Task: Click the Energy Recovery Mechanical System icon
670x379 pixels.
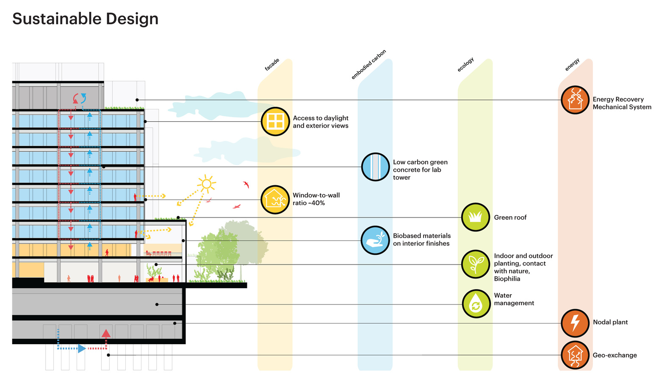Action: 575,100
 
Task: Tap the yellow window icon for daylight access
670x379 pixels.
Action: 275,121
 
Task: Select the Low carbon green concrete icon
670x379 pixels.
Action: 375,167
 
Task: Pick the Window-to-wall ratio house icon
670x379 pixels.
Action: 275,199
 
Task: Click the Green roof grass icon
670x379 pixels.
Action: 475,217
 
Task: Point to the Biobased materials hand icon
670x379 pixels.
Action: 375,240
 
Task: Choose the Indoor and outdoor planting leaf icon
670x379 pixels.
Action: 475,264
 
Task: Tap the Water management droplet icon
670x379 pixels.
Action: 476,304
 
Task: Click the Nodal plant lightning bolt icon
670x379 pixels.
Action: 575,323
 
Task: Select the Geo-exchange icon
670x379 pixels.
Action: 575,355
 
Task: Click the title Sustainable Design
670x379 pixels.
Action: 85,19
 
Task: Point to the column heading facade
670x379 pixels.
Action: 272,64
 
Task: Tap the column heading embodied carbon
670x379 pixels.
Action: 368,64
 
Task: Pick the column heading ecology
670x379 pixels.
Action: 465,64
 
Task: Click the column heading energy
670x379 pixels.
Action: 572,64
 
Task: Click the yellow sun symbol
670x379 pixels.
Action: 207,184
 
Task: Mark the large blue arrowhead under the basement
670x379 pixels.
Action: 82,348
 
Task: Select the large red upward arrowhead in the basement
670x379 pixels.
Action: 106,333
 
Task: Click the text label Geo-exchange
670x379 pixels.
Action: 615,355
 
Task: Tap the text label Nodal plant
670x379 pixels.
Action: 610,322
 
